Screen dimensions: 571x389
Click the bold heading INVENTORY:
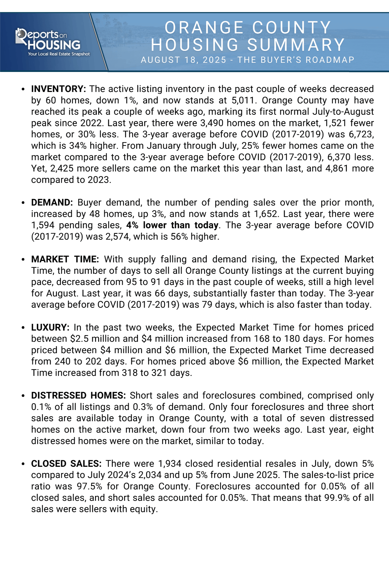pyautogui.click(x=59, y=89)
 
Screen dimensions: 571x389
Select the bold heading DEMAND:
pyautogui.click(x=52, y=202)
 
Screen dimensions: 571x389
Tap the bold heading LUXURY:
pyautogui.click(x=50, y=327)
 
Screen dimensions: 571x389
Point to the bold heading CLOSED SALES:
pyautogui.click(x=66, y=463)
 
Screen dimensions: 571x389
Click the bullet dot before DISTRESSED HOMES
pyautogui.click(x=23, y=396)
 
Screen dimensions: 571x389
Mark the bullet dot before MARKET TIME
pyautogui.click(x=23, y=260)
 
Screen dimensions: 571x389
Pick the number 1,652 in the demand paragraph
pyautogui.click(x=265, y=214)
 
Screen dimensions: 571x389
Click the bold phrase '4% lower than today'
pyautogui.click(x=172, y=225)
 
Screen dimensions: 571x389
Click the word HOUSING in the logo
pyautogui.click(x=54, y=45)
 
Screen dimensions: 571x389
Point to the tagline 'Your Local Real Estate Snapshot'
pyautogui.click(x=59, y=54)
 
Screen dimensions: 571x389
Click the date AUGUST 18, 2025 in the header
pyautogui.click(x=183, y=60)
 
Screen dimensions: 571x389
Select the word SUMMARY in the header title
pyautogui.click(x=296, y=45)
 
